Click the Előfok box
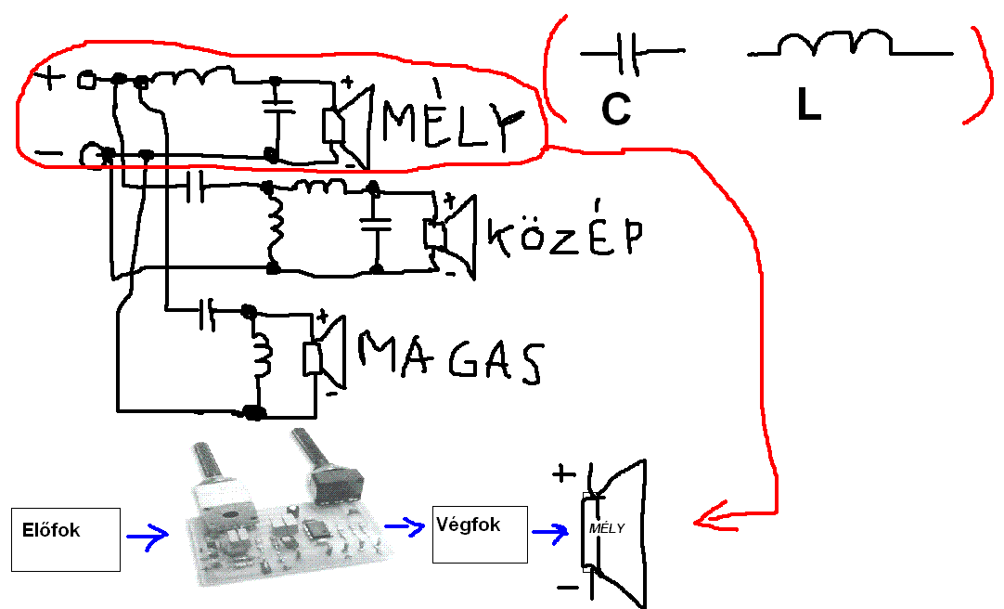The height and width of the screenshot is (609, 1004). tap(66, 538)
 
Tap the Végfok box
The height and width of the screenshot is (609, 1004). tap(479, 534)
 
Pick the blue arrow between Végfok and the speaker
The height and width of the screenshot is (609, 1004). tap(552, 533)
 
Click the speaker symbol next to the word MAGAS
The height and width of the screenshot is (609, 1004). tap(324, 356)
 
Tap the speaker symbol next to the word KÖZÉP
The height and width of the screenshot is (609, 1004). tap(447, 235)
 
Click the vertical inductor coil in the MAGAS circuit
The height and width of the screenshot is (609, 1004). tap(262, 358)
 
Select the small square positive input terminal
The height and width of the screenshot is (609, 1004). tap(85, 82)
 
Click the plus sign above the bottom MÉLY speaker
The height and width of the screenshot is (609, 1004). tap(562, 473)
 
